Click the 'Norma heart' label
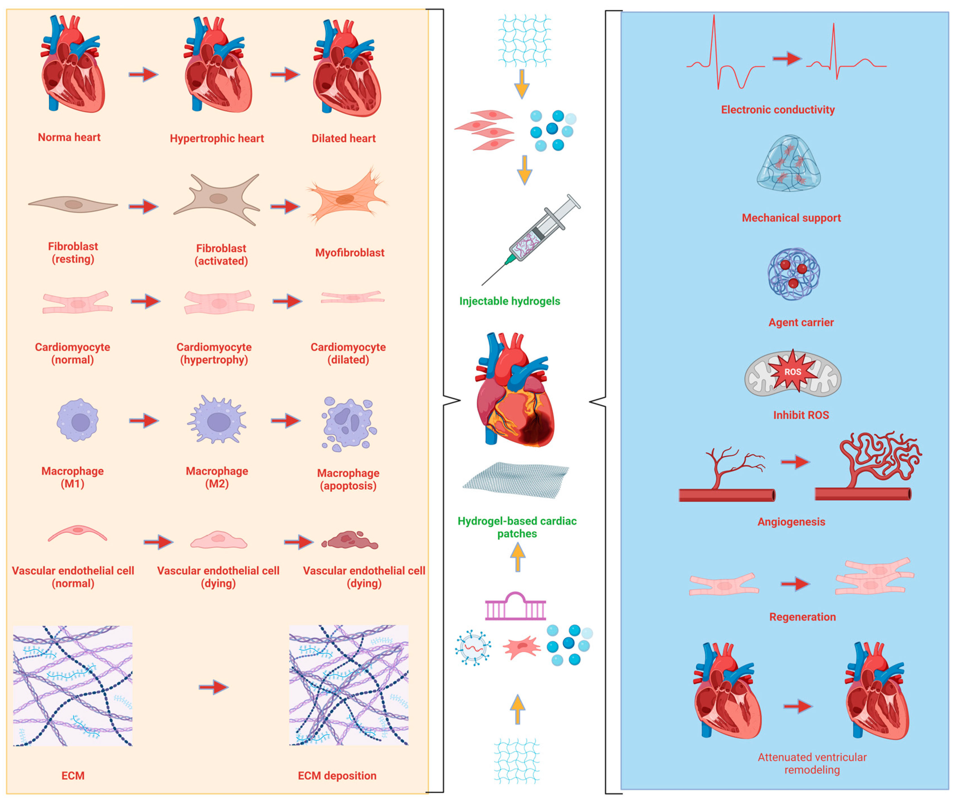pyautogui.click(x=69, y=137)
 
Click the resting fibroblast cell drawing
pyautogui.click(x=73, y=205)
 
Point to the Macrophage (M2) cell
pyautogui.click(x=217, y=420)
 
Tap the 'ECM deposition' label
pyautogui.click(x=337, y=776)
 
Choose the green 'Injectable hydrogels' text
pyautogui.click(x=509, y=301)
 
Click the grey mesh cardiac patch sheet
pyautogui.click(x=516, y=480)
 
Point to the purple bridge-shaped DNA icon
pyautogui.click(x=515, y=607)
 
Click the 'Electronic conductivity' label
pyautogui.click(x=778, y=110)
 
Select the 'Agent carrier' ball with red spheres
pyautogui.click(x=794, y=274)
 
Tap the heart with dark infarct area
pyautogui.click(x=515, y=391)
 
